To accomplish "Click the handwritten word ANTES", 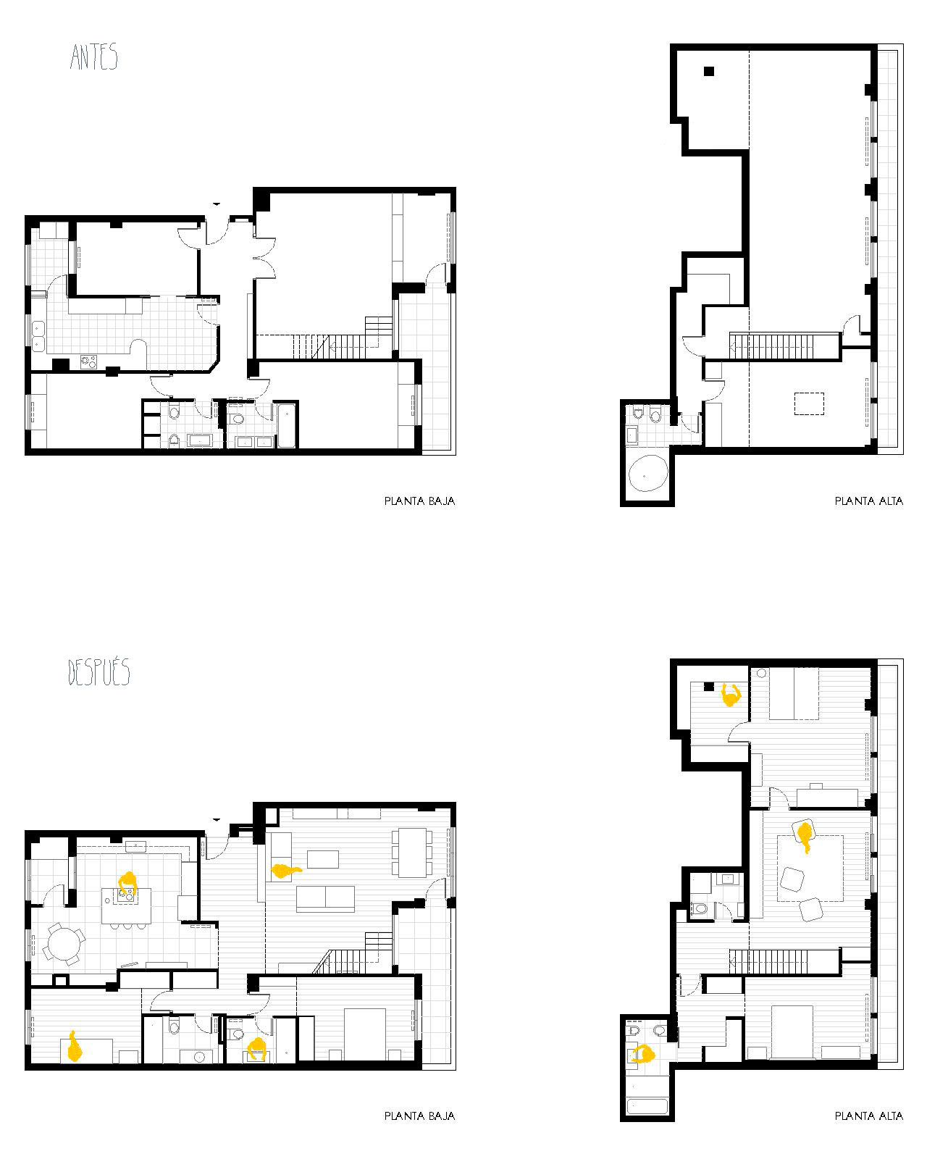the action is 93,57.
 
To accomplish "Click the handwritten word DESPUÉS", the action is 98,671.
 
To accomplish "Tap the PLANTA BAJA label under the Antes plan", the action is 419,501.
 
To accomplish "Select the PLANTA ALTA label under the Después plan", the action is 869,1116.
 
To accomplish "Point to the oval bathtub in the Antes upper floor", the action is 648,473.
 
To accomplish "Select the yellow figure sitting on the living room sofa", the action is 285,871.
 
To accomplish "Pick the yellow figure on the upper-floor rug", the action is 805,836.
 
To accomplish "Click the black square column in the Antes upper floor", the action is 709,71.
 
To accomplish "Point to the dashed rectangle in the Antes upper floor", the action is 809,403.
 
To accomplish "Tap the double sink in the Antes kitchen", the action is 38,336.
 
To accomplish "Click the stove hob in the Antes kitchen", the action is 88,361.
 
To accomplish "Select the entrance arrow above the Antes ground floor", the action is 216,204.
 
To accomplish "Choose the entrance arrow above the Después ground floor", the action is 216,820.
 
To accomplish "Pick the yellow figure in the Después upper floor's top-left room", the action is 731,695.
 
